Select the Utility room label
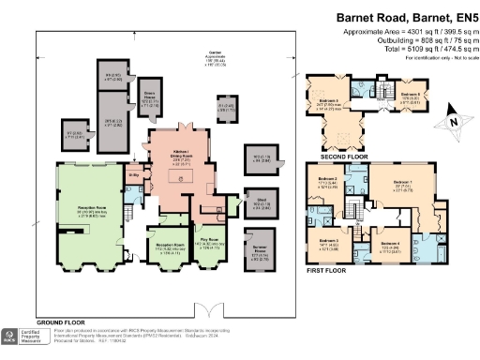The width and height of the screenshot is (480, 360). pyautogui.click(x=134, y=174)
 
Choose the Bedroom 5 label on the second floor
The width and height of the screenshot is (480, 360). pyautogui.click(x=327, y=103)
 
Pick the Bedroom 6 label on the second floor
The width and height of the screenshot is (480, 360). pyautogui.click(x=409, y=96)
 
